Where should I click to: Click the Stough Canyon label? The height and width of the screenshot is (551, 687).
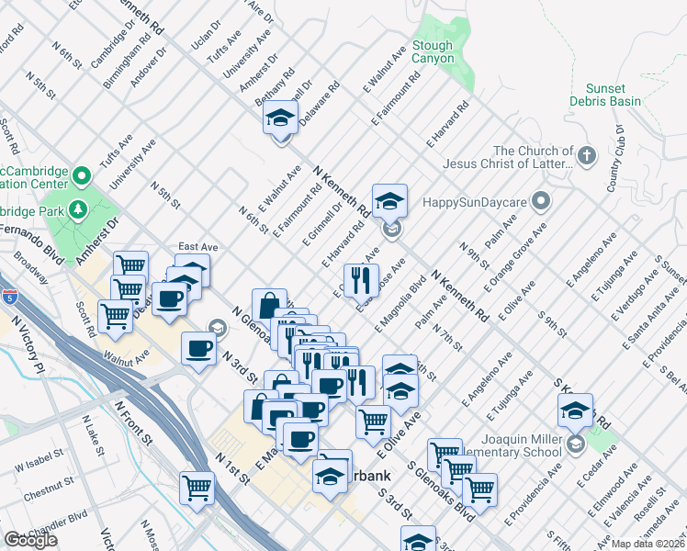point(433,51)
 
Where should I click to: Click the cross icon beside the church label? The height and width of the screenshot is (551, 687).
point(586,157)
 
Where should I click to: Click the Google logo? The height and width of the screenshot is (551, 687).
point(30,540)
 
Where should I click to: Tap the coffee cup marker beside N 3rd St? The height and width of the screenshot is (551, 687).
point(199,349)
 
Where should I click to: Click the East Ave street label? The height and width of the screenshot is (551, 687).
point(197,247)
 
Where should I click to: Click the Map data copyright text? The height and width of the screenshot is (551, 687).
point(649,544)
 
